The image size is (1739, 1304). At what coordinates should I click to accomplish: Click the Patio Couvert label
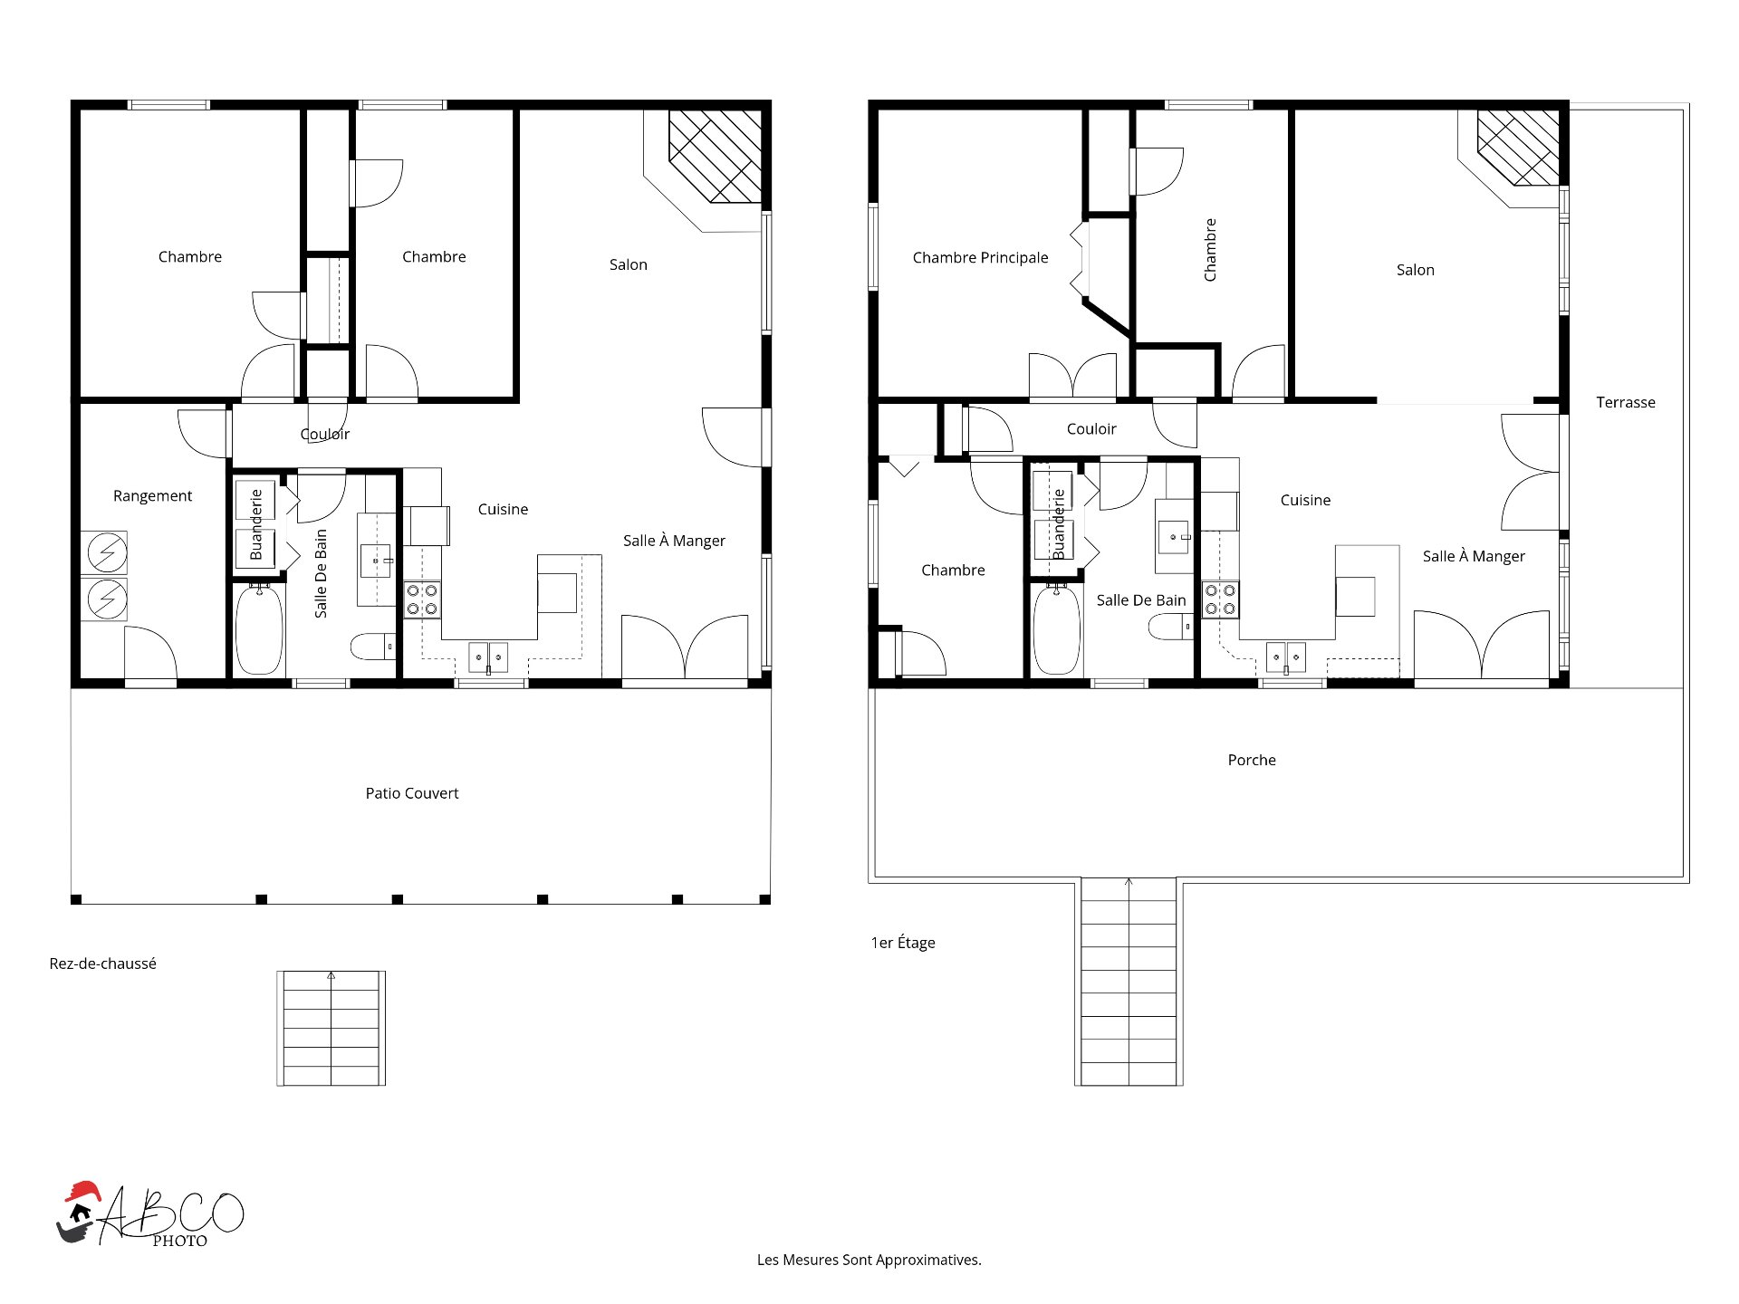click(412, 793)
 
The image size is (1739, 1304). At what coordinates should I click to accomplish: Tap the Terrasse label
click(1626, 402)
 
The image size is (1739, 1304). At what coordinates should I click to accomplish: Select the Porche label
click(1252, 760)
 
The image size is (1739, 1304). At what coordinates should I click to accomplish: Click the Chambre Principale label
click(980, 258)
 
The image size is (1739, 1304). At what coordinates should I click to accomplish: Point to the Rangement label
click(152, 496)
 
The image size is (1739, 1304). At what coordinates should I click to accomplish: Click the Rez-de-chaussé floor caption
click(102, 964)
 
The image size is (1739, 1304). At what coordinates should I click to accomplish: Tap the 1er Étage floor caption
click(903, 943)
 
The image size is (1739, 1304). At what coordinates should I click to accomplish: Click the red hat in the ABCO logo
click(82, 1191)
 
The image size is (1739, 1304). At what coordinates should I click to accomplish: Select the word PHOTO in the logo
click(180, 1241)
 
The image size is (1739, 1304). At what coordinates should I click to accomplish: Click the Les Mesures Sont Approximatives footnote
click(869, 1260)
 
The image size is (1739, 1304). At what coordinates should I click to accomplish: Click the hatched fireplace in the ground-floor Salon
click(715, 156)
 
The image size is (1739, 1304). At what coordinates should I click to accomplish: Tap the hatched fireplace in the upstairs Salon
click(1518, 148)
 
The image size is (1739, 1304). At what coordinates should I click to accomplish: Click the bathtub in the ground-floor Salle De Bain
click(259, 629)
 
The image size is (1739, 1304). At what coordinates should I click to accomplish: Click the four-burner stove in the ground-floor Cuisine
click(422, 599)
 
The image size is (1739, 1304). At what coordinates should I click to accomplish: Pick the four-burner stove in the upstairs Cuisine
click(1220, 599)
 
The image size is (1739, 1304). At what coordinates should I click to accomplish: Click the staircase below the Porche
click(1129, 982)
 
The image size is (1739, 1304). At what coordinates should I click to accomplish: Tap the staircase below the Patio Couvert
click(331, 1028)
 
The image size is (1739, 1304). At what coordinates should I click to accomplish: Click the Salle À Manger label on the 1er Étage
click(1474, 556)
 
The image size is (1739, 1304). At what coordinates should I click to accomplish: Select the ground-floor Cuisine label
click(503, 509)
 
